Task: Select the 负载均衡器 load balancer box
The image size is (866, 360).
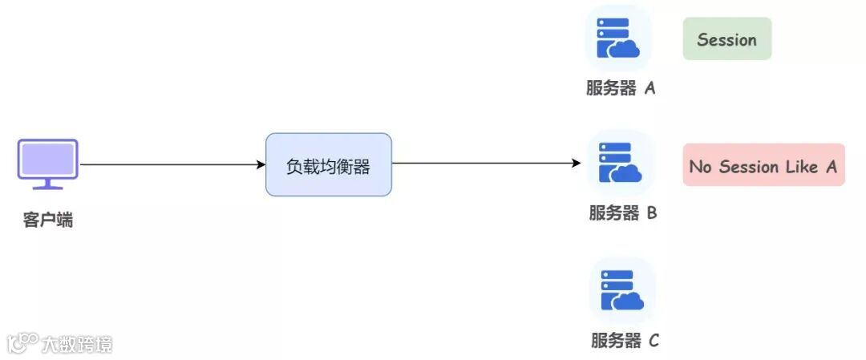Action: (329, 164)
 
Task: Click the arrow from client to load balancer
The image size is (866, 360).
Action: (172, 164)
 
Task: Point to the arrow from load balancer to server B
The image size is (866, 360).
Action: (485, 164)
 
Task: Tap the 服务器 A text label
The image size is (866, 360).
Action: (621, 88)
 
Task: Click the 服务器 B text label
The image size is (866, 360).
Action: (623, 213)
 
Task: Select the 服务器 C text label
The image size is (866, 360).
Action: (625, 341)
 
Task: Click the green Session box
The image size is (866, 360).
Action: (726, 39)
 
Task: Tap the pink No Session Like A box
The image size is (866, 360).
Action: (763, 166)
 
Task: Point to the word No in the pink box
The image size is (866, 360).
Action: (700, 167)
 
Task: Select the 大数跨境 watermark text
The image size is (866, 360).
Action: (78, 345)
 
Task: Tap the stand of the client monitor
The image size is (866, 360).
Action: (48, 185)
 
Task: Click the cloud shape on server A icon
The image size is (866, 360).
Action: (625, 48)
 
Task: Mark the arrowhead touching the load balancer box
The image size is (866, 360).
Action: (261, 164)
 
